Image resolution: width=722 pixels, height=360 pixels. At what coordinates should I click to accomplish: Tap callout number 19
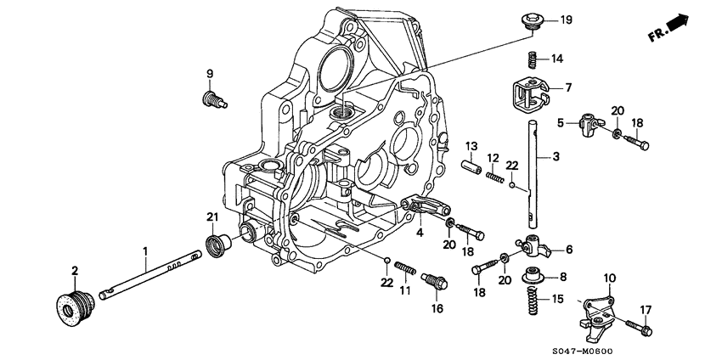click(566, 20)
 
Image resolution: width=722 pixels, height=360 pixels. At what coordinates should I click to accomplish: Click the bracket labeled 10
click(600, 312)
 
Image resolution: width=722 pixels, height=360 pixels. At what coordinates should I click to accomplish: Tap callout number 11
click(404, 290)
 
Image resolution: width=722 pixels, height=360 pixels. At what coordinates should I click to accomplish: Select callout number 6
click(568, 249)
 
